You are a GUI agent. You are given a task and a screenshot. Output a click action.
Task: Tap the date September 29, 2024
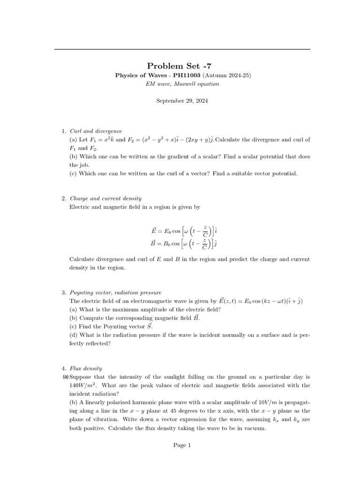(182, 101)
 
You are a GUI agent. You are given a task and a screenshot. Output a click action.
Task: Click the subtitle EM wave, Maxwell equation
(182, 84)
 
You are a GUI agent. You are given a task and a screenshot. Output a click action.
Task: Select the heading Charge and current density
(105, 198)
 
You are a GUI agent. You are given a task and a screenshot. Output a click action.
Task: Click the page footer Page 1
(182, 445)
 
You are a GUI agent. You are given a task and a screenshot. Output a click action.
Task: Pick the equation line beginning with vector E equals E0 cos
(184, 231)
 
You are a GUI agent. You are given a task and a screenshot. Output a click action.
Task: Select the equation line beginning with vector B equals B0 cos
(184, 244)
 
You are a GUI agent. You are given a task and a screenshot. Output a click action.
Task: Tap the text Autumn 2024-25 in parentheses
(227, 75)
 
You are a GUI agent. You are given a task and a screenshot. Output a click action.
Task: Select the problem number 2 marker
(64, 198)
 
